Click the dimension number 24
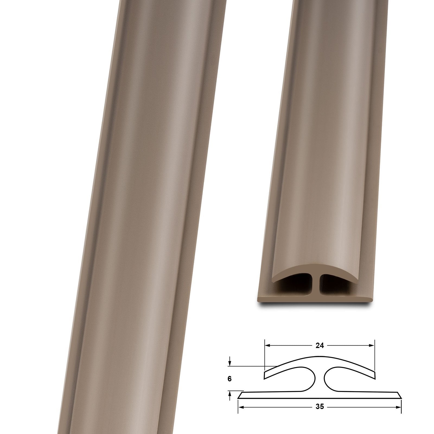pyautogui.click(x=320, y=346)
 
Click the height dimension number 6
pyautogui.click(x=229, y=379)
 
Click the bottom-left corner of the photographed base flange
pyautogui.click(x=258, y=302)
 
